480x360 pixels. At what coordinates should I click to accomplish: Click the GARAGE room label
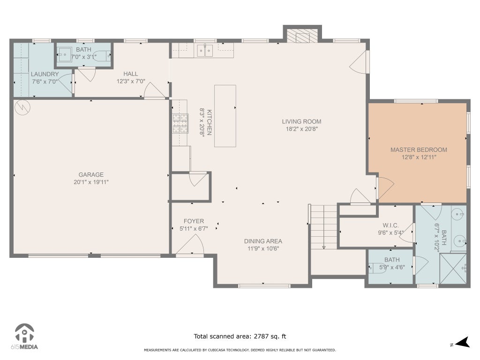tap(91, 174)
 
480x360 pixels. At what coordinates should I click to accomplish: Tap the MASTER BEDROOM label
tap(419, 150)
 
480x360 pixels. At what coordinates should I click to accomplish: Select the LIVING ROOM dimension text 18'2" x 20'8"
tap(301, 129)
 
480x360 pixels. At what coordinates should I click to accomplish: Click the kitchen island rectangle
tap(225, 116)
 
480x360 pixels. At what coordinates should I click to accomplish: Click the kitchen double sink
tap(205, 51)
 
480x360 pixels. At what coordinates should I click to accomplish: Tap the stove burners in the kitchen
tap(180, 123)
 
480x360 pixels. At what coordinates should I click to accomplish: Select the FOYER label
tap(194, 221)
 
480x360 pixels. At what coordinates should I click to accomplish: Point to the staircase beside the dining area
tap(324, 227)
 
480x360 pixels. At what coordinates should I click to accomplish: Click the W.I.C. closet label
tap(390, 225)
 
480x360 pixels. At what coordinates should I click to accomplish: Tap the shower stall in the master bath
tap(453, 269)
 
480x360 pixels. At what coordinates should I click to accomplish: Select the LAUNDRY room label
tap(45, 74)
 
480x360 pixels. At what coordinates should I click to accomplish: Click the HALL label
tap(131, 74)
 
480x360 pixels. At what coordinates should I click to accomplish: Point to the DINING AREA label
tap(263, 241)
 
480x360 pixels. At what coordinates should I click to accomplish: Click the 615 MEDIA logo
tap(24, 337)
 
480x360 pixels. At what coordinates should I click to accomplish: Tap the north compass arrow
tap(463, 343)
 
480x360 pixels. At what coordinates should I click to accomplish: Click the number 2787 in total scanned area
tap(261, 337)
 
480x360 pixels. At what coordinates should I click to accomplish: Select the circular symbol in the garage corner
tap(22, 107)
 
